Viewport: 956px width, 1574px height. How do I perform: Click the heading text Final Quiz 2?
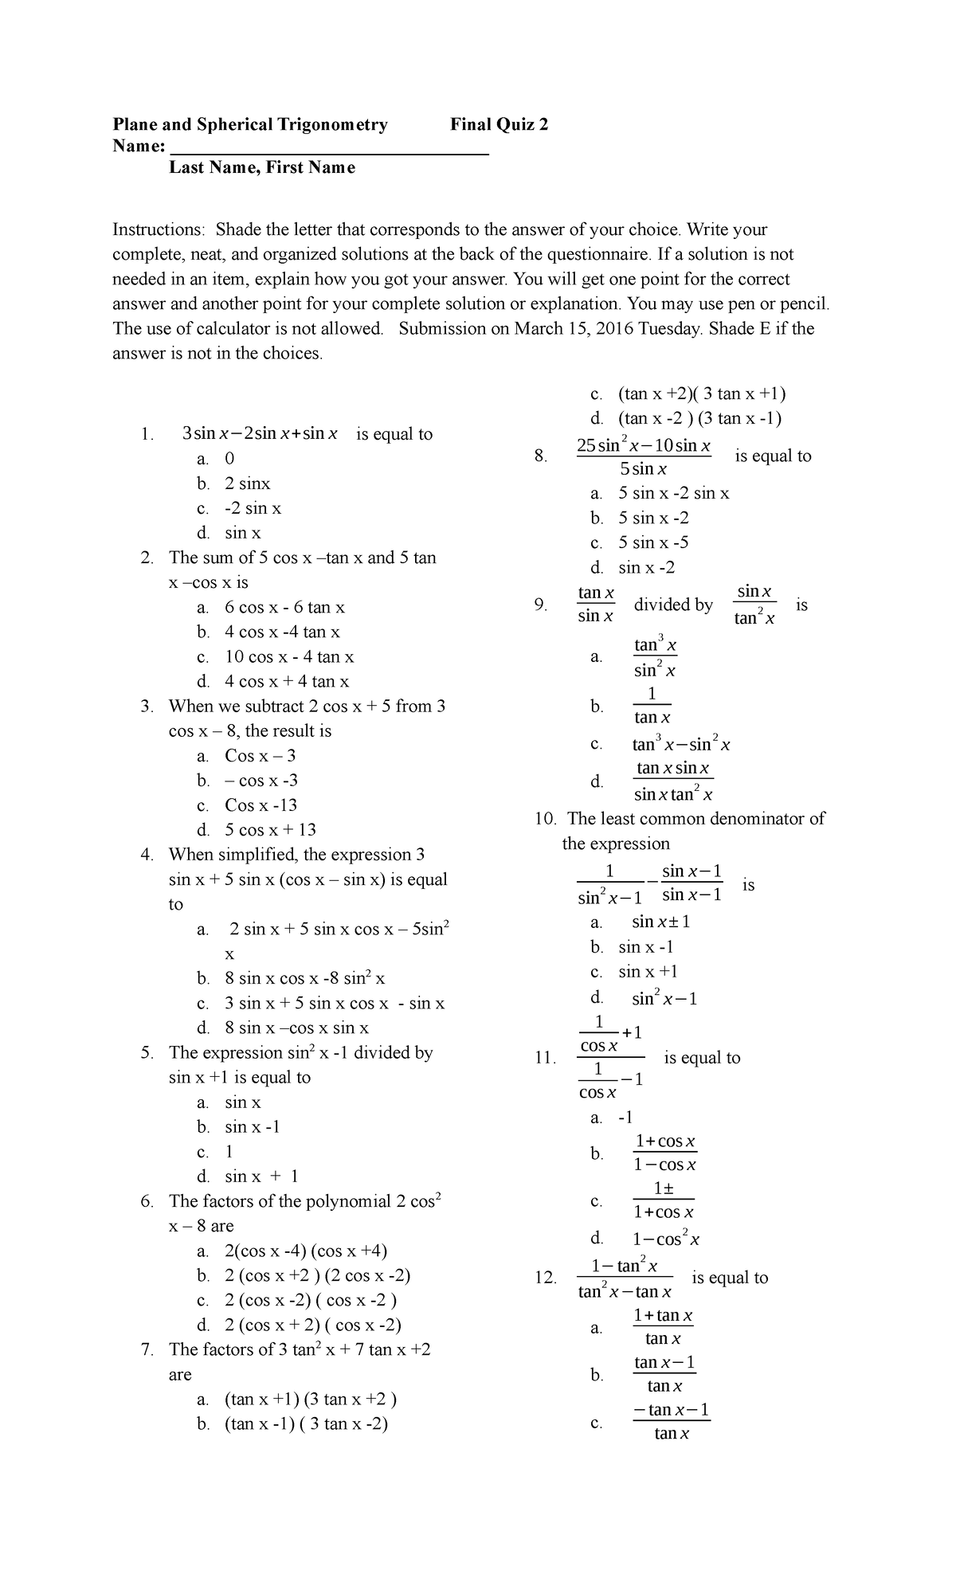coord(499,124)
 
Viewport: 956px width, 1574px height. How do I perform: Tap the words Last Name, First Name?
coord(261,167)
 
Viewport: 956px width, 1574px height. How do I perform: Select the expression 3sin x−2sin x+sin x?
coord(260,434)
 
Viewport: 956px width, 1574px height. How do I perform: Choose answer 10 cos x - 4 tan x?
coord(289,657)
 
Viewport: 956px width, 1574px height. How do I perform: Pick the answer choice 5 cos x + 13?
coord(270,830)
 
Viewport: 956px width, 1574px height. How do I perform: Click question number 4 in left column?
coord(147,855)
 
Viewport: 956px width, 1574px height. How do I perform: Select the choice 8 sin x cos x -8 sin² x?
coord(304,978)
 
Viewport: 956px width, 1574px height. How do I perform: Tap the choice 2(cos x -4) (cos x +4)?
coord(306,1251)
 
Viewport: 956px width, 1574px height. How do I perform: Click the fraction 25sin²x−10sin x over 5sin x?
coord(644,456)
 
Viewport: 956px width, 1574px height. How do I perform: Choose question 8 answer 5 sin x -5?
coord(653,542)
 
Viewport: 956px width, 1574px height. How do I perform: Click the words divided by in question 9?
coord(673,605)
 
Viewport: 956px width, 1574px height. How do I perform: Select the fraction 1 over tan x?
coord(652,706)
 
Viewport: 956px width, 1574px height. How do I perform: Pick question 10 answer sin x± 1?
coord(660,922)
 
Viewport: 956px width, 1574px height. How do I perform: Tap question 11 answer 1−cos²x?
coord(666,1239)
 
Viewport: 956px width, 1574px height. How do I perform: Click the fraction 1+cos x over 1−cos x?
coord(664,1153)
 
